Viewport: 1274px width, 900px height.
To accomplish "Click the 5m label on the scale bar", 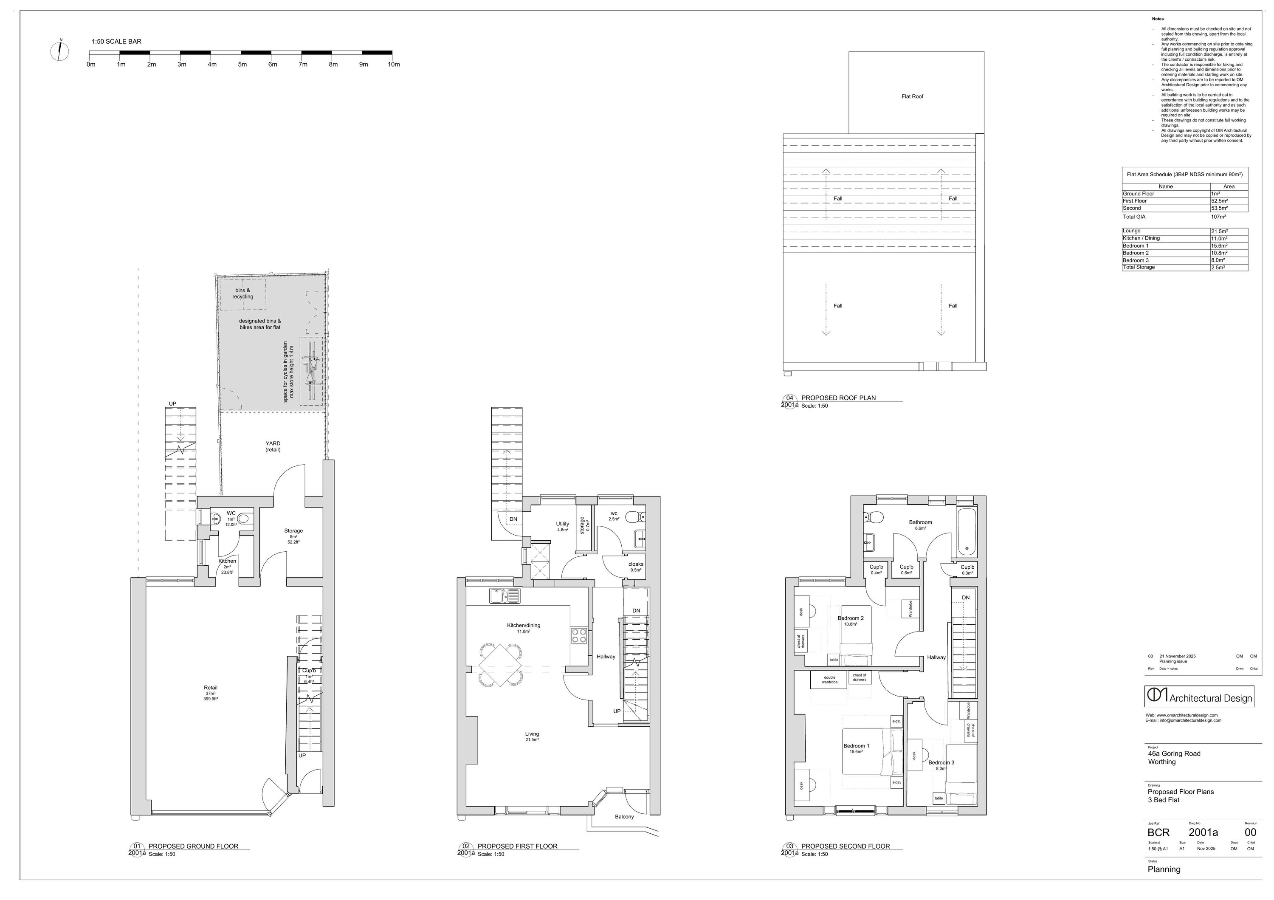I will [x=242, y=65].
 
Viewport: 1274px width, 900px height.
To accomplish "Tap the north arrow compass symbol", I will [x=59, y=51].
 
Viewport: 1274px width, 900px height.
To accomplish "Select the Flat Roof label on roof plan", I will [x=912, y=96].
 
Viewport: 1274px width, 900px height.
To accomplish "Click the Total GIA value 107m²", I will [x=1218, y=217].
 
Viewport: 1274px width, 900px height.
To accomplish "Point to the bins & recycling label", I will [x=242, y=293].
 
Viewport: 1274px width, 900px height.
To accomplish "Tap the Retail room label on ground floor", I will [x=210, y=688].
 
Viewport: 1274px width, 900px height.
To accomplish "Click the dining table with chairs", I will [x=501, y=665].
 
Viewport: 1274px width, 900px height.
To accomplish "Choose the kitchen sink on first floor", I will [x=505, y=596].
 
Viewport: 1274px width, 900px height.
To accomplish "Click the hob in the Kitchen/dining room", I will [x=579, y=636].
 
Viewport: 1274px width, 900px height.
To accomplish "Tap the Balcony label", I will [x=624, y=817].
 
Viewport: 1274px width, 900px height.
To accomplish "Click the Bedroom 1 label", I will [x=856, y=746].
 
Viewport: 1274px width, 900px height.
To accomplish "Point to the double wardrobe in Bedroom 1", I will [x=829, y=679].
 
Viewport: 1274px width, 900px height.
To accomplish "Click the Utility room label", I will [x=562, y=524].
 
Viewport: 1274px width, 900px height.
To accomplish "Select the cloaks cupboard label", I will [x=636, y=564].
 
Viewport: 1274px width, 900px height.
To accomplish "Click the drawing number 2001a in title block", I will [x=1203, y=832].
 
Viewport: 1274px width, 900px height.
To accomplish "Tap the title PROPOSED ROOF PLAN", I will [x=838, y=398].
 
